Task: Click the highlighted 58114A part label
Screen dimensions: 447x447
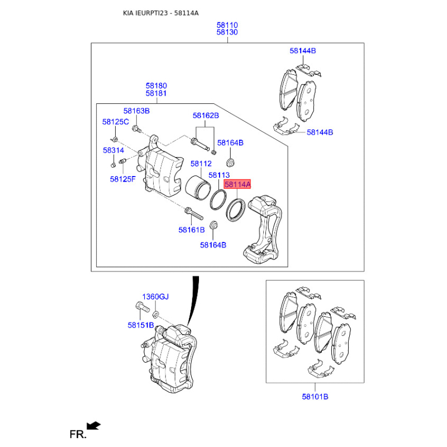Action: point(237,184)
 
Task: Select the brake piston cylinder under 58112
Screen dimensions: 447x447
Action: point(198,187)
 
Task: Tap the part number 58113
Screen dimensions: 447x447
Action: point(219,175)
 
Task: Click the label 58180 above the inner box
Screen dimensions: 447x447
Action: point(156,86)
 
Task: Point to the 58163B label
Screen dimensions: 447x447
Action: point(136,111)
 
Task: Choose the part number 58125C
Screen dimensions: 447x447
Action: point(116,122)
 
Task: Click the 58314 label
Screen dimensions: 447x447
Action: point(113,150)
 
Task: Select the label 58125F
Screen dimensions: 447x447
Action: point(123,179)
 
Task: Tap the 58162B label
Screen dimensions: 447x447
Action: point(206,116)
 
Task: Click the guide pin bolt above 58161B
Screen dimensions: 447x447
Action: point(194,214)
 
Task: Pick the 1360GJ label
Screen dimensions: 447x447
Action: point(155,297)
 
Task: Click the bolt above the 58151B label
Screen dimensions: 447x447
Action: point(142,307)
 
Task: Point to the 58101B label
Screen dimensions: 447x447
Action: point(315,397)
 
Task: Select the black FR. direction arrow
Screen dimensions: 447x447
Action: point(93,426)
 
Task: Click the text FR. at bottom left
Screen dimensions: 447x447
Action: point(78,435)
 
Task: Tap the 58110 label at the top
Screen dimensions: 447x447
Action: point(227,25)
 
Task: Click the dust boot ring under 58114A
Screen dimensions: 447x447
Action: point(235,210)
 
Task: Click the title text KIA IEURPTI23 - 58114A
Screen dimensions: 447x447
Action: point(161,13)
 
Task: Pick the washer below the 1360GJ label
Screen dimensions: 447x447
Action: point(156,315)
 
